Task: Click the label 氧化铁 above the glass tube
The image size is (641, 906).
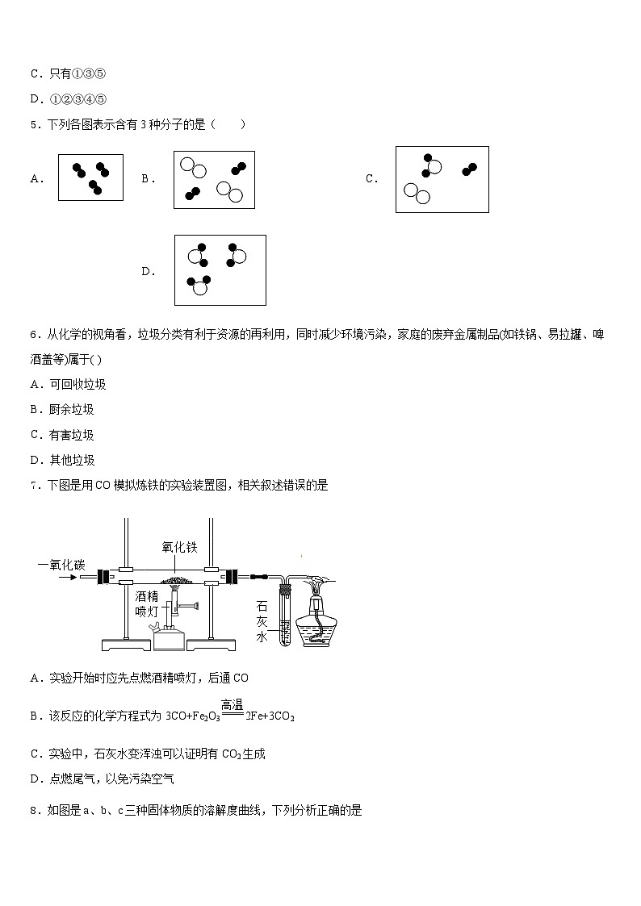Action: point(179,547)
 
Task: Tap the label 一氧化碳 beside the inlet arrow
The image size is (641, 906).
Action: point(61,565)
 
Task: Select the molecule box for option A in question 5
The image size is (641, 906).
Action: point(90,177)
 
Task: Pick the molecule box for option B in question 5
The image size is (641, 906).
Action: point(214,180)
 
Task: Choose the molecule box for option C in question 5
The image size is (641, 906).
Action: point(442,179)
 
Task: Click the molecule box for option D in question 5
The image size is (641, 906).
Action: point(220,270)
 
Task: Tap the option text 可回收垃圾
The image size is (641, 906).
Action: point(78,385)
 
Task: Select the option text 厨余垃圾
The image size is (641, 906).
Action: point(72,410)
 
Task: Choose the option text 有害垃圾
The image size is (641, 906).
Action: point(72,435)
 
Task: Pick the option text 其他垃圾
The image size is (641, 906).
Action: point(72,460)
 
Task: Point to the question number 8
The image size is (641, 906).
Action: point(33,809)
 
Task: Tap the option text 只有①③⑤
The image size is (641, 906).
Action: point(78,74)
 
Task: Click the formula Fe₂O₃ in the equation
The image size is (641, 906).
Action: point(205,716)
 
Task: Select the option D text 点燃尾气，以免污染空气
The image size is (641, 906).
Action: point(111,779)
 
